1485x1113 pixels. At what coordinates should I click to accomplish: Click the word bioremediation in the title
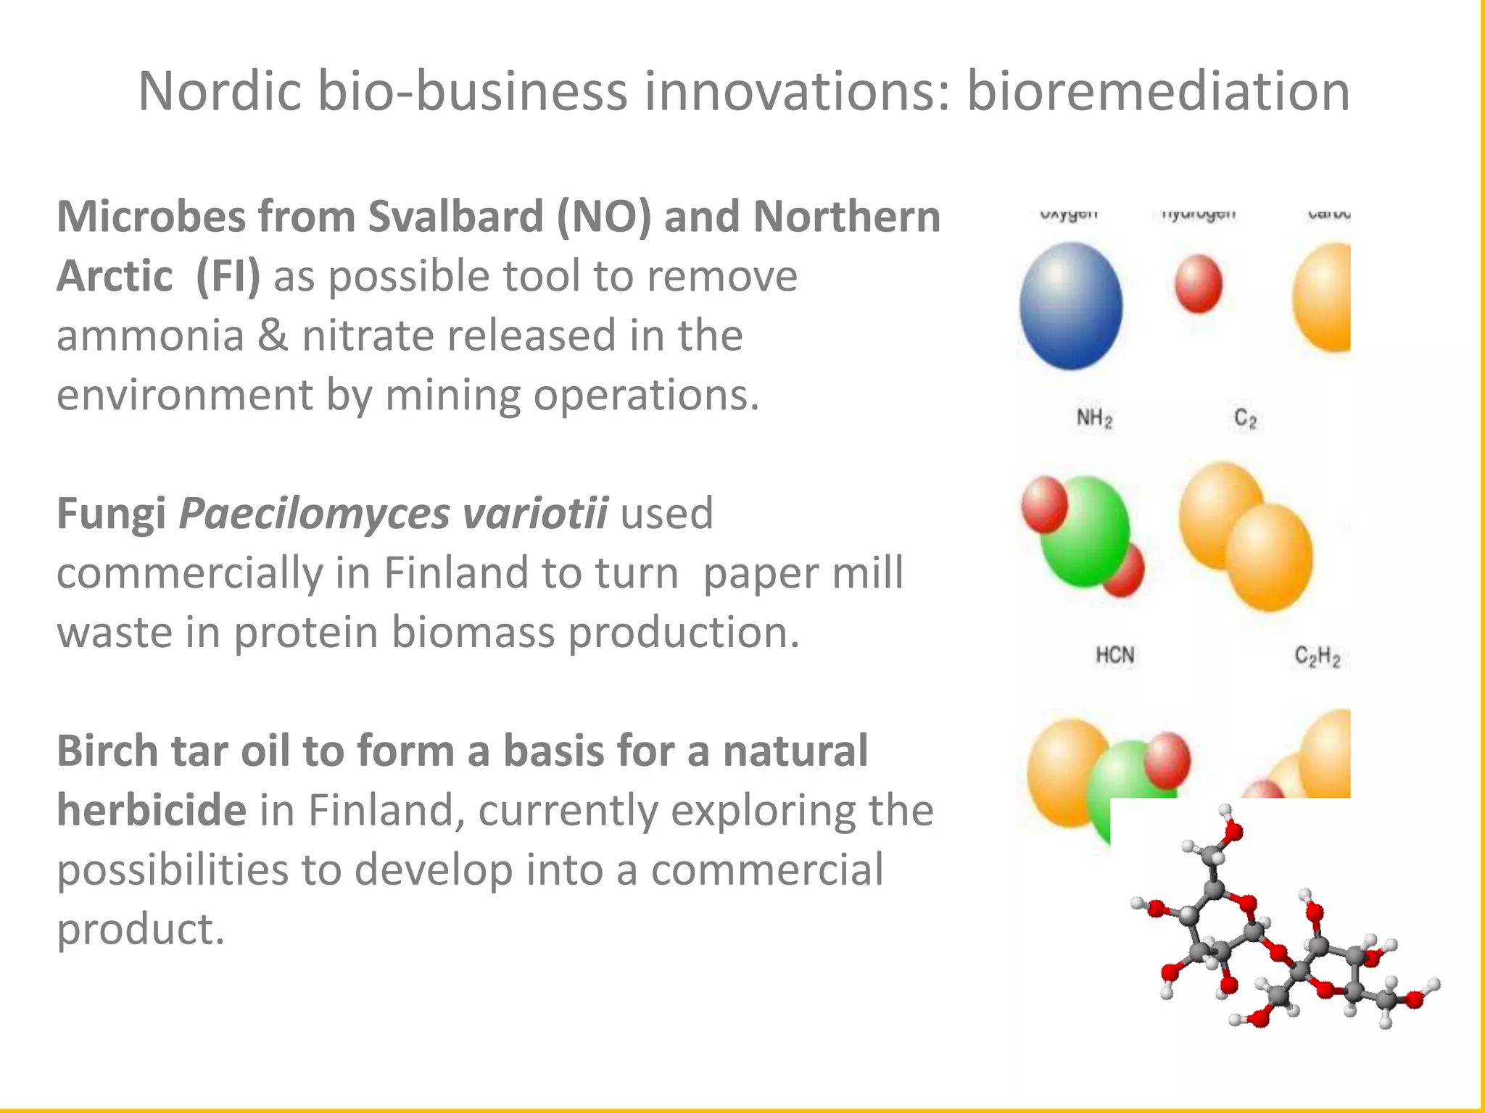coord(1158,91)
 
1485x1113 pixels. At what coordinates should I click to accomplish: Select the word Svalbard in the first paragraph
coord(455,217)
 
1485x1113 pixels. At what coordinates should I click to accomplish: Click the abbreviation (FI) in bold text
coord(228,277)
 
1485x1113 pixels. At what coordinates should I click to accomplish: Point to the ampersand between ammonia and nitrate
coord(273,335)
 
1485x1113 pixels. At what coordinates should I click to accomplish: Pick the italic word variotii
coord(535,514)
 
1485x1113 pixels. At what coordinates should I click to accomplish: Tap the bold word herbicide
coord(151,810)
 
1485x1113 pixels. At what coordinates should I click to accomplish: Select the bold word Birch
coord(107,751)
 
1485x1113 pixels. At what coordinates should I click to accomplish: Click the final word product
coord(141,929)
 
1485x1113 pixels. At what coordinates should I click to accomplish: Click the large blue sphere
coord(1071,306)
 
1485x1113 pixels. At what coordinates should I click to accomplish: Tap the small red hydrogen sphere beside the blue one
coord(1199,284)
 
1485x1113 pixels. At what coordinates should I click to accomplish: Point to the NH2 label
coord(1094,418)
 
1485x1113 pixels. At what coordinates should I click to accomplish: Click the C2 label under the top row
coord(1245,418)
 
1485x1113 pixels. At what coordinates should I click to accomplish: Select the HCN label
coord(1114,656)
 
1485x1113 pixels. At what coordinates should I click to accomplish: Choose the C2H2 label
coord(1317,656)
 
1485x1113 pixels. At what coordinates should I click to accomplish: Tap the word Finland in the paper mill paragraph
coord(457,573)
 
